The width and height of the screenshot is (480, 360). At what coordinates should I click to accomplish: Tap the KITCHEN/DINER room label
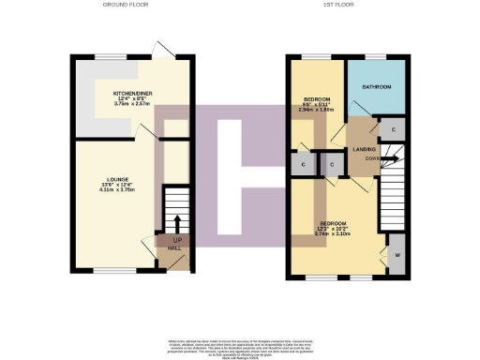(x=133, y=95)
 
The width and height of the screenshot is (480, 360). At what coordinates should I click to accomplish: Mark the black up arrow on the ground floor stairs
(x=176, y=223)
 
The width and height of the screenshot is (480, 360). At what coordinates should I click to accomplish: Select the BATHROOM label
(x=376, y=86)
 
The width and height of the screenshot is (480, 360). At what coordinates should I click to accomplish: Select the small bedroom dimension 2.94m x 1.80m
(x=317, y=109)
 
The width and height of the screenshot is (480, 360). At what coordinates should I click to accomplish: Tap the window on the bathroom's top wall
(x=376, y=57)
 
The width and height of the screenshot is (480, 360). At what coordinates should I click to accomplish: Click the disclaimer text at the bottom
(x=240, y=344)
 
